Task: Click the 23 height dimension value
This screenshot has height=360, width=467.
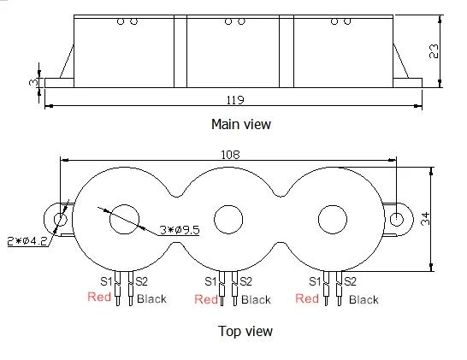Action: pos(434,50)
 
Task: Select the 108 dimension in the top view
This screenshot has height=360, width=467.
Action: pos(230,155)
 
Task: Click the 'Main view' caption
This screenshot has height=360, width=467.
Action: pos(241,124)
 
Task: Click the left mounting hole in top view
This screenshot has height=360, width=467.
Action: pos(62,220)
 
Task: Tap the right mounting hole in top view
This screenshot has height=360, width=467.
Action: pos(398,219)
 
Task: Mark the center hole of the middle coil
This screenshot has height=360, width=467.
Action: pos(229,220)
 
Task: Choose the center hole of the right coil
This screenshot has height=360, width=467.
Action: pos(334,219)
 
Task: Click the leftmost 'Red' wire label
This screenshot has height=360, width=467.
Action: pos(100,298)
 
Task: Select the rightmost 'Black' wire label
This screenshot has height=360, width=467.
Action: pos(364,299)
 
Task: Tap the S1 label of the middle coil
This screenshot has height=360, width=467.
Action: pos(211,280)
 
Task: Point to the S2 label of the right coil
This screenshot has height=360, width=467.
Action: pos(351,280)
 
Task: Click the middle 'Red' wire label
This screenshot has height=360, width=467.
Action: pos(207,299)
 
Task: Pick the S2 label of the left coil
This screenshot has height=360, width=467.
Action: pos(142,280)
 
